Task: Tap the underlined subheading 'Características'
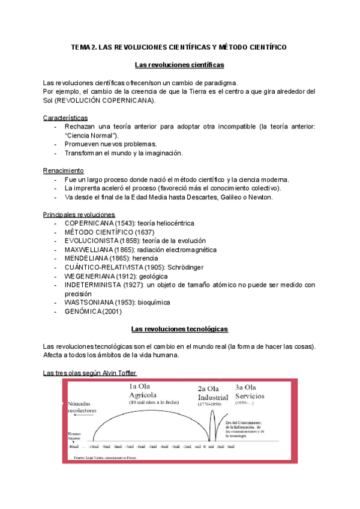click(x=65, y=118)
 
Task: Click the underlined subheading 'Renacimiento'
click(x=64, y=170)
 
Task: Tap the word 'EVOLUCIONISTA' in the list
click(x=94, y=241)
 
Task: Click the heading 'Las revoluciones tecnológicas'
click(x=179, y=329)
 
